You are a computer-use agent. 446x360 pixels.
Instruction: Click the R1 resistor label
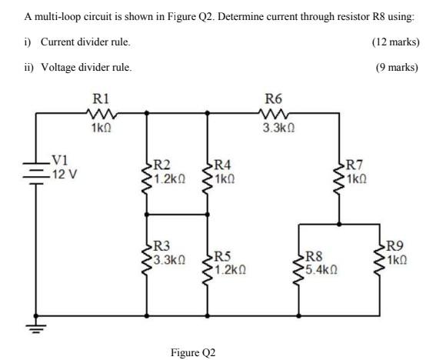tap(101, 98)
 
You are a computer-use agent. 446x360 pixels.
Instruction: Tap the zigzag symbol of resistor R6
tap(272, 113)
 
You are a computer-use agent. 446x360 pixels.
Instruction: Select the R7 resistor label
tap(355, 163)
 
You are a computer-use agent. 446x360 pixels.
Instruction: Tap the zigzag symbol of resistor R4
tap(205, 174)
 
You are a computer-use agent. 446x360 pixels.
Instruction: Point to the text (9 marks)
tap(398, 67)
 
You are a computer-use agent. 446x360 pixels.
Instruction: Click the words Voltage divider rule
tap(85, 67)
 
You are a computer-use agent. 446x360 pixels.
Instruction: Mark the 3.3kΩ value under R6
tap(274, 128)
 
